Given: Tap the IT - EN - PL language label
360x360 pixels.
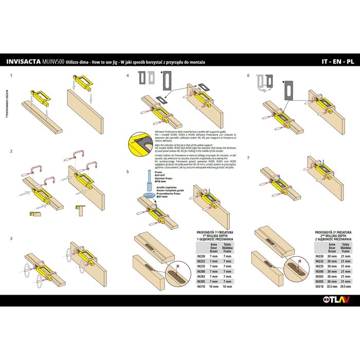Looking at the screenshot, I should click(338, 62).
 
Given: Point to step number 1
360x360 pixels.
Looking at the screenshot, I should click(11, 75).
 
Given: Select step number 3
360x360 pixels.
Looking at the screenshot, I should click(11, 238).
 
